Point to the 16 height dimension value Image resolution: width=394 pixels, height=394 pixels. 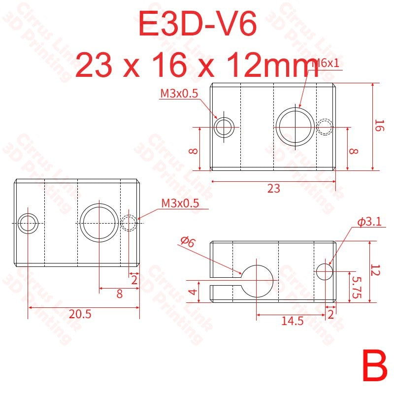click(378, 126)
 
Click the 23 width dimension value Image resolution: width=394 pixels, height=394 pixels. click(273, 189)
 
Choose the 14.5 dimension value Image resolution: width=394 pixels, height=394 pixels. click(293, 321)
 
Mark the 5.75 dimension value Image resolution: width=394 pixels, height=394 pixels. click(357, 288)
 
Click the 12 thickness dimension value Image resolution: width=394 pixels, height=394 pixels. click(376, 270)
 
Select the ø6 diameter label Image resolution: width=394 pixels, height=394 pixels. click(188, 241)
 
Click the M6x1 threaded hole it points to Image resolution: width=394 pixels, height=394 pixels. click(295, 126)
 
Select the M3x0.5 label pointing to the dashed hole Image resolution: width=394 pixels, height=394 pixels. click(180, 203)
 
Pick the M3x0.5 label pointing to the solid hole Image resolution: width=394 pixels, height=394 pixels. click(179, 94)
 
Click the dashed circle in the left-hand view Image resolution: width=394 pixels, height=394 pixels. click(129, 223)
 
